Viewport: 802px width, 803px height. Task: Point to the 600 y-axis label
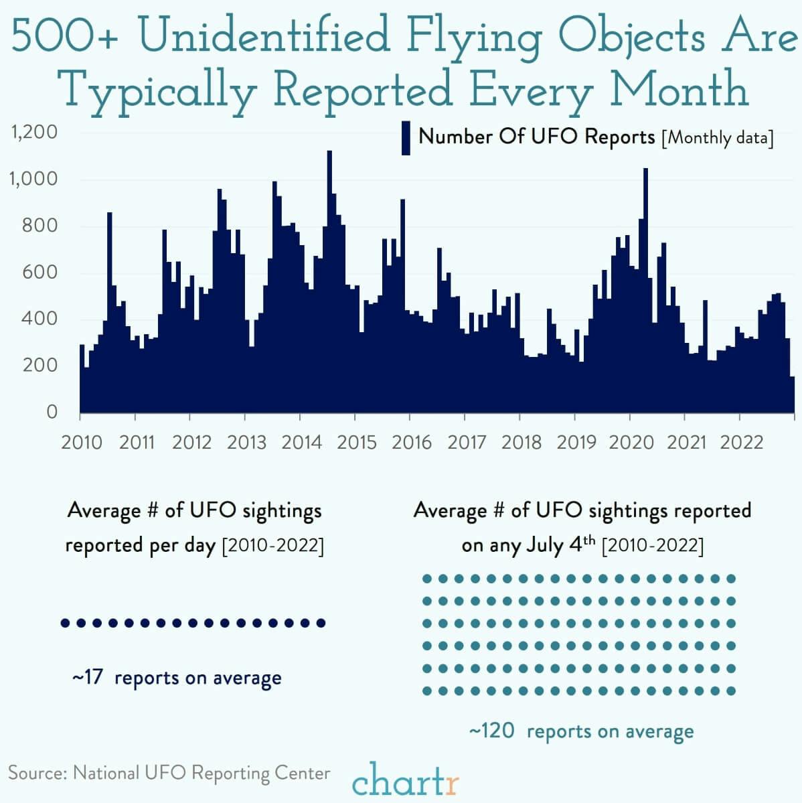pos(42,272)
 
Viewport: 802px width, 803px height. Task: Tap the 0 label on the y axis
pos(52,412)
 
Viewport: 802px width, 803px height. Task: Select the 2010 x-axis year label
pos(82,443)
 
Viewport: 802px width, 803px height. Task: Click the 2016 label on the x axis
pos(412,443)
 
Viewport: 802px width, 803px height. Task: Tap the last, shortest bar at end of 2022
pos(793,394)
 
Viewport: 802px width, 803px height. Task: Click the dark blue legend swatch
pos(406,138)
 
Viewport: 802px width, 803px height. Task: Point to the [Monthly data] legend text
pos(717,138)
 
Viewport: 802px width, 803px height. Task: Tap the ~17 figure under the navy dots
pos(88,677)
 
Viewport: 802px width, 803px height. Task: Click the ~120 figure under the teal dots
pos(492,731)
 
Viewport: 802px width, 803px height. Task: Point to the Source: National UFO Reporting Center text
pos(169,773)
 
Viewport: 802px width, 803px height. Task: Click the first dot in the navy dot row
pos(65,623)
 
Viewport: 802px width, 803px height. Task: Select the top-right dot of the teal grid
pos(731,579)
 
